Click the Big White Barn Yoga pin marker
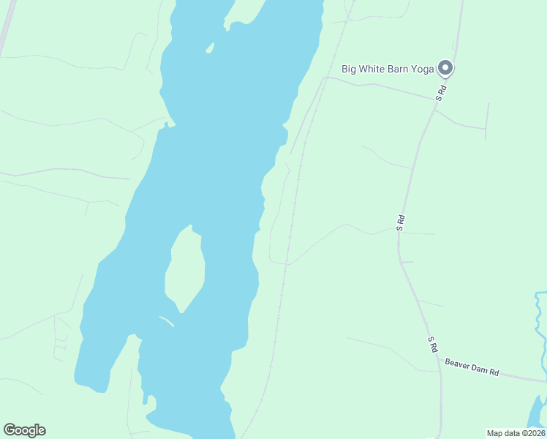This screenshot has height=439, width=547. pyautogui.click(x=445, y=69)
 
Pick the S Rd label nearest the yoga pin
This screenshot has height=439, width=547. pyautogui.click(x=440, y=93)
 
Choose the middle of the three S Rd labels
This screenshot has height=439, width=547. pyautogui.click(x=400, y=222)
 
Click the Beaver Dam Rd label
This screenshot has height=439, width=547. pyautogui.click(x=472, y=367)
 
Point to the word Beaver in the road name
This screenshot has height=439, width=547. pyautogui.click(x=459, y=364)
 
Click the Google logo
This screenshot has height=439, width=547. pyautogui.click(x=24, y=430)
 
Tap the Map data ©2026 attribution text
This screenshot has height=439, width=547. pyautogui.click(x=516, y=433)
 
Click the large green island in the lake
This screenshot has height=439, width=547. pyautogui.click(x=184, y=267)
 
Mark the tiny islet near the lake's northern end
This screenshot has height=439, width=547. pyautogui.click(x=210, y=48)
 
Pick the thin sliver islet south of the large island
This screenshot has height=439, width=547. pyautogui.click(x=167, y=320)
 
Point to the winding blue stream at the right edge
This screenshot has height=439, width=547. pyautogui.click(x=540, y=322)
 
